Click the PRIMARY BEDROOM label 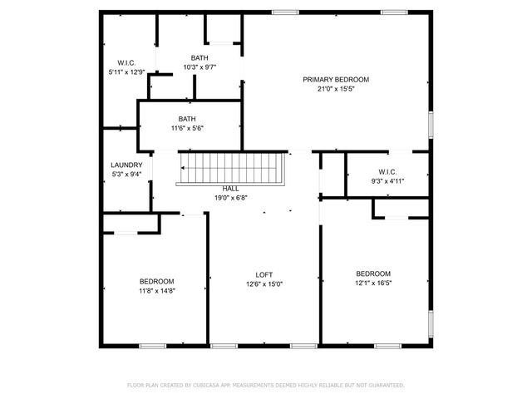[335, 79]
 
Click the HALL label [230, 189]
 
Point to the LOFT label [264, 274]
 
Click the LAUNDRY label [127, 165]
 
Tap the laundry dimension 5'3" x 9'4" [127, 174]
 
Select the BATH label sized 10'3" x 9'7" [199, 57]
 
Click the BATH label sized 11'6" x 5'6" [187, 119]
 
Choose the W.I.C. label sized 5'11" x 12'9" [127, 63]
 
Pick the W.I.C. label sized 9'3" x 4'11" [387, 172]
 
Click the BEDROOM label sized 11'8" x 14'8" [156, 281]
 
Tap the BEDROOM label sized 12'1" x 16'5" [373, 273]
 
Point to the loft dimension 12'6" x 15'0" [264, 283]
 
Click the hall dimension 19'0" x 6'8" [230, 198]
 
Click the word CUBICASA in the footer [212, 385]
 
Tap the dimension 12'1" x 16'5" [373, 283]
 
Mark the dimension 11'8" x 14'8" [156, 290]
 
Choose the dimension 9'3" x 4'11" [387, 181]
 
